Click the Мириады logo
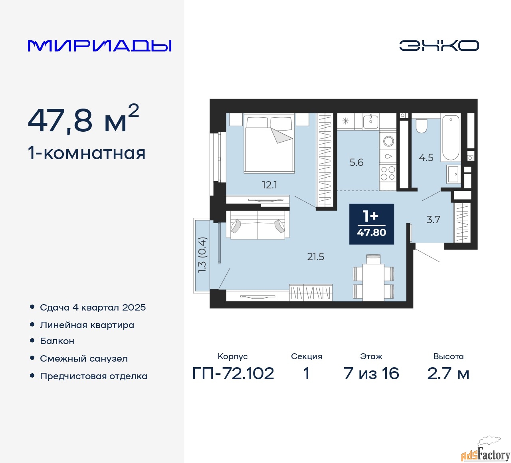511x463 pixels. pyautogui.click(x=99, y=46)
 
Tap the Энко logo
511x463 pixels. pyautogui.click(x=439, y=46)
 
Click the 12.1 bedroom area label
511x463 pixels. pyautogui.click(x=269, y=185)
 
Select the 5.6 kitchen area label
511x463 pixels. pyautogui.click(x=356, y=162)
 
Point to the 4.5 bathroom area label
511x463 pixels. pyautogui.click(x=426, y=158)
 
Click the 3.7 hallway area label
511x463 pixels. pyautogui.click(x=433, y=220)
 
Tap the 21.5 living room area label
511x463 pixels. pyautogui.click(x=316, y=257)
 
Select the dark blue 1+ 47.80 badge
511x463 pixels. pyautogui.click(x=371, y=224)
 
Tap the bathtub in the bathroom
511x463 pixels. pyautogui.click(x=450, y=138)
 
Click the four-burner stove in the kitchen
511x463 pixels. pyautogui.click(x=388, y=173)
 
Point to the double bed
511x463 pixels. pyautogui.click(x=269, y=143)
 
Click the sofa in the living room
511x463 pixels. pyautogui.click(x=258, y=225)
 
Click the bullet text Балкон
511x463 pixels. pyautogui.click(x=57, y=341)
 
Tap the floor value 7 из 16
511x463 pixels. pyautogui.click(x=371, y=374)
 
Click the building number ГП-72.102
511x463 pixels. pyautogui.click(x=233, y=374)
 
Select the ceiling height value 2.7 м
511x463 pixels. pyautogui.click(x=448, y=374)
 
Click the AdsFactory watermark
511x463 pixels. pyautogui.click(x=485, y=452)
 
